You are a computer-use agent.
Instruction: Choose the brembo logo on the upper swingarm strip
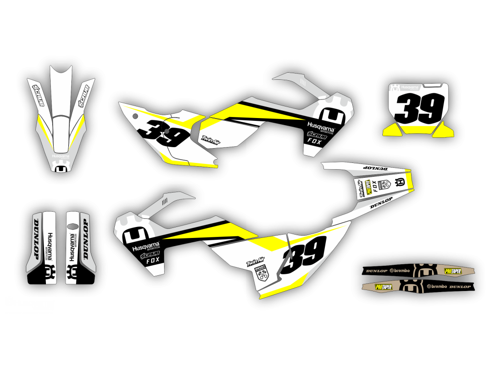pyautogui.click(x=401, y=270)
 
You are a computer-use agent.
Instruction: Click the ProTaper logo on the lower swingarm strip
pyautogui.click(x=384, y=287)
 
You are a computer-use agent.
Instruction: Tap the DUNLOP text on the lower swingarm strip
pyautogui.click(x=460, y=286)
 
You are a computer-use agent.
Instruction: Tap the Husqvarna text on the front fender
pyautogui.click(x=61, y=155)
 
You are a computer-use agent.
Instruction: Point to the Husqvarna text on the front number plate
pyautogui.click(x=410, y=87)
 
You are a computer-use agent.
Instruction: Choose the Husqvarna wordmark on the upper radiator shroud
pyautogui.click(x=320, y=128)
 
